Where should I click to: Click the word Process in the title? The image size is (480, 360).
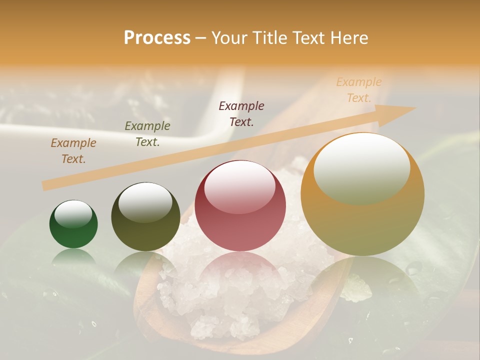157,38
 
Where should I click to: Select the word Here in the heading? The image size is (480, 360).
348,38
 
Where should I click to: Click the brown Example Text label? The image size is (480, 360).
73,151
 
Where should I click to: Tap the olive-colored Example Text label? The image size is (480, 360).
147,134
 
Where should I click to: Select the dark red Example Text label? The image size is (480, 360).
241,113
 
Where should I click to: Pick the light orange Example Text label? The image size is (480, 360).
359,90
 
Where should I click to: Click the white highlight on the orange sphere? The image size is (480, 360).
362,167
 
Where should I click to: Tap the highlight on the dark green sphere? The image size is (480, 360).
73,214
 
